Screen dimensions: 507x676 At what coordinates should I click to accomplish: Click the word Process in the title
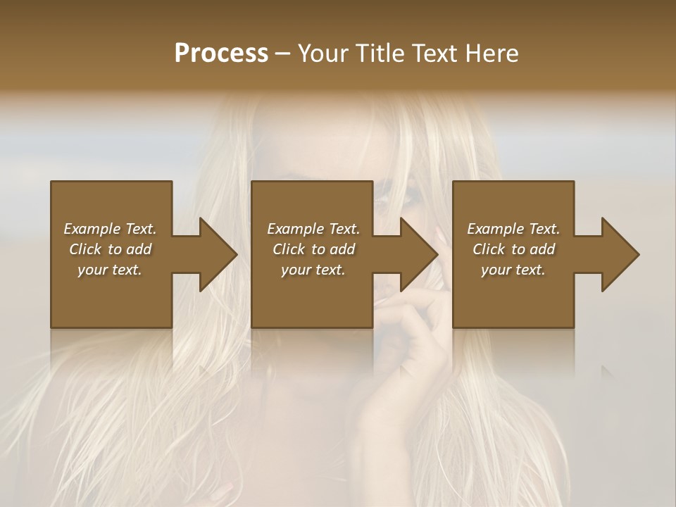click(x=221, y=53)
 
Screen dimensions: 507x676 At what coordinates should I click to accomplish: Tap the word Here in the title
click(x=491, y=53)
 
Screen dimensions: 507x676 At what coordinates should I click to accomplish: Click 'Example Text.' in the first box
click(x=110, y=229)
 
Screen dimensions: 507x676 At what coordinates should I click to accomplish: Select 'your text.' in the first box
click(x=110, y=270)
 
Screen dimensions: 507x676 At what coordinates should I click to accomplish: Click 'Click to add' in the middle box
click(x=313, y=249)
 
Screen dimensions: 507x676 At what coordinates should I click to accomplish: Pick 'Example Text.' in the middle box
click(x=313, y=229)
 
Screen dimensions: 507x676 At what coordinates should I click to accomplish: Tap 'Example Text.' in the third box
click(x=513, y=229)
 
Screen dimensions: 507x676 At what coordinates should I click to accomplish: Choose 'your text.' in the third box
click(x=513, y=270)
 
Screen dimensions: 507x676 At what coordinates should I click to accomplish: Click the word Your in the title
click(x=323, y=53)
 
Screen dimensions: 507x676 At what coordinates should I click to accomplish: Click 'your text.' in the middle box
click(x=313, y=270)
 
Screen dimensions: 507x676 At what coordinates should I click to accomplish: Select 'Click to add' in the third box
click(x=513, y=249)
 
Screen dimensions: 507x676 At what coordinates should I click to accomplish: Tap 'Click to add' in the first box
click(x=110, y=249)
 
